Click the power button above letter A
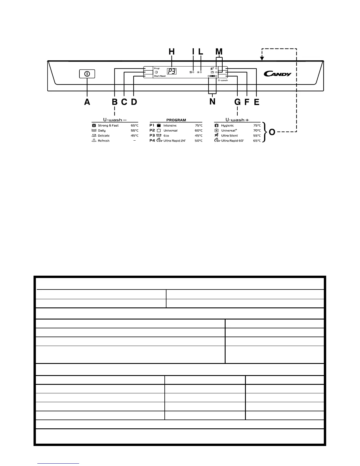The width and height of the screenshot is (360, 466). (x=87, y=74)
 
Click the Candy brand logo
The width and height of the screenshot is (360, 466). (x=277, y=74)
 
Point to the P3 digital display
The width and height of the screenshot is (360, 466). (x=171, y=71)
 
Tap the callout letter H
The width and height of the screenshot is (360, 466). (x=171, y=52)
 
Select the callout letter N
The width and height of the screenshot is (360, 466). (x=212, y=102)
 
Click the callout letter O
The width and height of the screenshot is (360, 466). (x=272, y=132)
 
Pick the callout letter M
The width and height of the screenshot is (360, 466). (x=219, y=52)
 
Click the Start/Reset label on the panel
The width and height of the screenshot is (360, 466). (x=160, y=76)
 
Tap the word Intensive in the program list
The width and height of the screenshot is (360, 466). (x=170, y=125)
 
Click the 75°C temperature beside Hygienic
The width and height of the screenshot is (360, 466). (x=257, y=125)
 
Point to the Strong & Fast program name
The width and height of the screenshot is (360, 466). (x=108, y=125)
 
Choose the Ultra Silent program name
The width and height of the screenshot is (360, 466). (x=229, y=136)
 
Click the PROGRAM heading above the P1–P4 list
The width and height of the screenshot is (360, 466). (x=176, y=120)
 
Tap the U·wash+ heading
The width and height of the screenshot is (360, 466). (x=237, y=120)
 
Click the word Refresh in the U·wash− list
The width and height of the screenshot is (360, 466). (x=104, y=141)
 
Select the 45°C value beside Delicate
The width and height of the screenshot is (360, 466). (x=134, y=136)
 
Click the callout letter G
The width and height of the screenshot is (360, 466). (x=237, y=102)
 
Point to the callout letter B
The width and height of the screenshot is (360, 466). (x=114, y=102)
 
